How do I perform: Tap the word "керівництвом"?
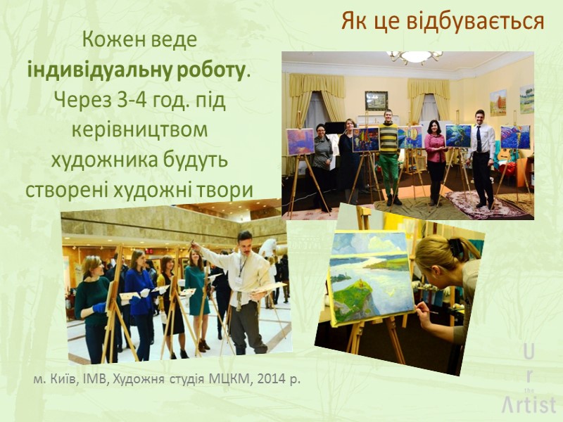(140, 130)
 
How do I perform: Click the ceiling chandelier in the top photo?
(415, 56)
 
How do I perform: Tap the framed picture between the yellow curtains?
(377, 101)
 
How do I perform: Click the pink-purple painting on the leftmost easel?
(301, 141)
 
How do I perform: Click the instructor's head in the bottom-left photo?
(244, 242)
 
